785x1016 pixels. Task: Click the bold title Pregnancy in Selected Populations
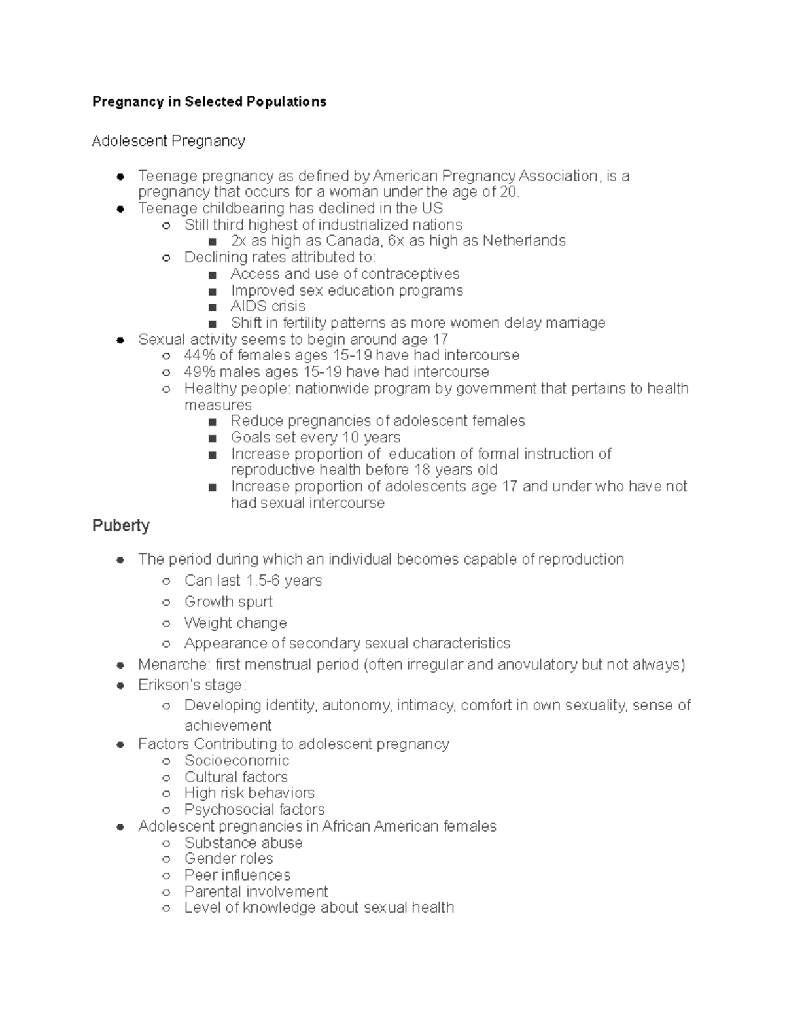click(209, 101)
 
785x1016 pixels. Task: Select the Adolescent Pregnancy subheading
click(168, 141)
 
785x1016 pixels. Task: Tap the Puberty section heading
click(121, 525)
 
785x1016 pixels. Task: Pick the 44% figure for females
click(199, 355)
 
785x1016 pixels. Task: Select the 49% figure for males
click(199, 372)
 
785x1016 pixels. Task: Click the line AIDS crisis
click(268, 306)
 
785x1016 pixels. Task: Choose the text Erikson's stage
click(192, 685)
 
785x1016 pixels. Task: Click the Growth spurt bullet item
click(228, 601)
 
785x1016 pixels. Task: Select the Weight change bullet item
click(235, 623)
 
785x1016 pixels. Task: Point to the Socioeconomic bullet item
click(236, 760)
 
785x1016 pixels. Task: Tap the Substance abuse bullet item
click(243, 843)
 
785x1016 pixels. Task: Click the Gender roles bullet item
click(228, 858)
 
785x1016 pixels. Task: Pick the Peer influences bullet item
click(237, 875)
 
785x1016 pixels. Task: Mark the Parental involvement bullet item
click(256, 892)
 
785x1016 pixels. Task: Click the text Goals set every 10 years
click(315, 437)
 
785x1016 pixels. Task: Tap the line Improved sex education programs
click(347, 290)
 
